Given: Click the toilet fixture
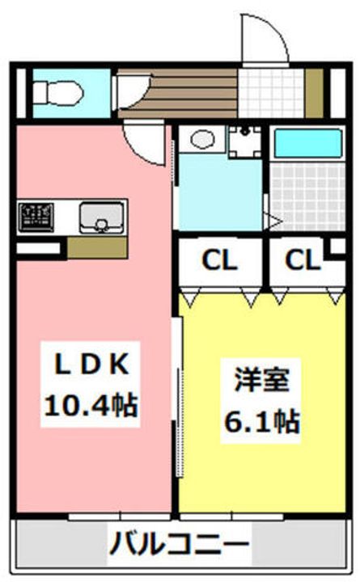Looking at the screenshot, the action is [x=58, y=94].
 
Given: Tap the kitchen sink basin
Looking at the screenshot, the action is [x=101, y=218].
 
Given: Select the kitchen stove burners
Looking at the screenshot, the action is [x=36, y=217].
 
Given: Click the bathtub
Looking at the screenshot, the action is [x=307, y=144].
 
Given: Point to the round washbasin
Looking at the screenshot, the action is [x=202, y=139].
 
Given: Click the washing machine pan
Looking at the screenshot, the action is [x=244, y=141].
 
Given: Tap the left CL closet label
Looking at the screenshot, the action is [x=219, y=260].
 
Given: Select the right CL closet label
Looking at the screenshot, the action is [x=303, y=260].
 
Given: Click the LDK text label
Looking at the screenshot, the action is [x=91, y=364].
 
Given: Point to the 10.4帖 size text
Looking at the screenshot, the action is [x=91, y=405].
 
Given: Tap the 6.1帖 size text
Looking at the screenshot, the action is [x=262, y=422].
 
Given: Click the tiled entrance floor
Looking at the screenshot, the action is [x=271, y=93].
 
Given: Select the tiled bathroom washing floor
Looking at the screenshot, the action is [x=307, y=196].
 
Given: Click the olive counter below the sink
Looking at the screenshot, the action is [x=97, y=248].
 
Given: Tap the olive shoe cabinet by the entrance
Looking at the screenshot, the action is [x=315, y=93].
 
